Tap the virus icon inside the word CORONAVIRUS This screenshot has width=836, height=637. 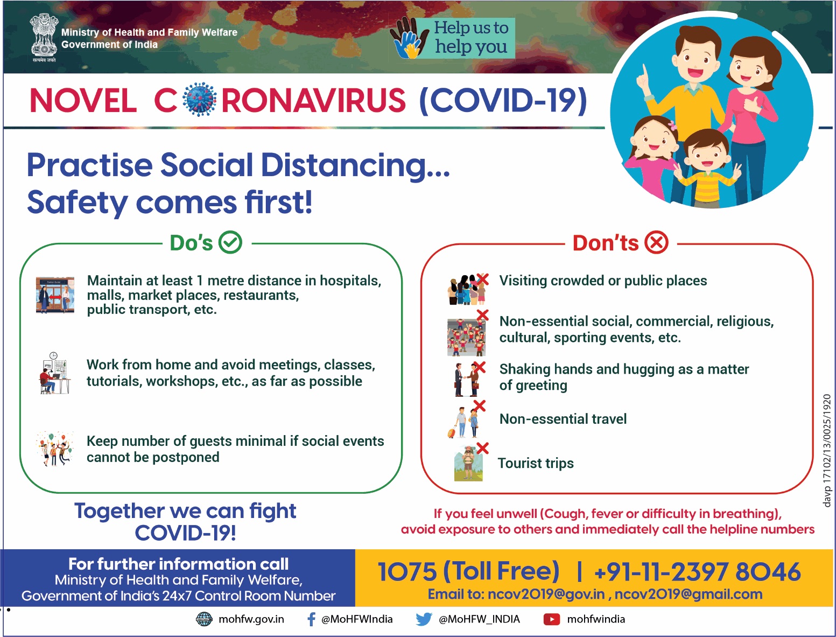(x=200, y=99)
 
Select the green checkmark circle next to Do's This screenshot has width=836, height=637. (x=230, y=242)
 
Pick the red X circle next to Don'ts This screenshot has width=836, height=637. (x=657, y=242)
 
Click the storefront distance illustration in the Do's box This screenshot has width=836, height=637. (x=55, y=295)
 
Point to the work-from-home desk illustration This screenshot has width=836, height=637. (x=55, y=373)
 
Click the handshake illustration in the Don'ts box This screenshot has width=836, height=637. (x=467, y=380)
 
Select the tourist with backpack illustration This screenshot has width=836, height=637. (x=468, y=463)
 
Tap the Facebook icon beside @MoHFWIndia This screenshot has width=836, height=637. (x=311, y=619)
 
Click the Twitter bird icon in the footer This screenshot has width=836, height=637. (x=424, y=619)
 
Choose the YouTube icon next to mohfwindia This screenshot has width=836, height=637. (x=551, y=619)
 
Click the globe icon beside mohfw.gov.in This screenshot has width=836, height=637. (x=204, y=619)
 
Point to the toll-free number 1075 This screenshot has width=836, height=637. (x=407, y=571)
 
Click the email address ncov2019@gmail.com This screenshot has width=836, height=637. (x=688, y=594)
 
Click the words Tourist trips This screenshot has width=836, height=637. (x=536, y=463)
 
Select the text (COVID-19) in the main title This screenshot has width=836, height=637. (x=503, y=100)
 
